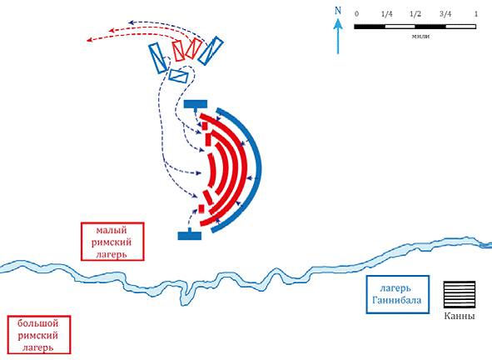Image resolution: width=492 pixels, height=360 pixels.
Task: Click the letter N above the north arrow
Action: pos(338,10)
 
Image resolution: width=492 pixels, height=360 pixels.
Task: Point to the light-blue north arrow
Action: pos(338,36)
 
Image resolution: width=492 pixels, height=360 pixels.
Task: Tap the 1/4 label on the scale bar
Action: pos(386,14)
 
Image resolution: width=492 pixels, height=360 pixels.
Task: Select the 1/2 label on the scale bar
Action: pos(415,14)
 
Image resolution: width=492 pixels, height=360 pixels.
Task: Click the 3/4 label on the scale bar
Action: pos(445,14)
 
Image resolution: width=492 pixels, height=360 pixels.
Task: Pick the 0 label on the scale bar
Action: pos(356,14)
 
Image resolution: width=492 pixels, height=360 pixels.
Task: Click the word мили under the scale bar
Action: pos(420,36)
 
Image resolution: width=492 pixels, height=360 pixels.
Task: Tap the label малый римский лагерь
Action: pos(112,242)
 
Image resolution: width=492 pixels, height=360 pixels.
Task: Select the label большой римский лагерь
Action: pos(39,335)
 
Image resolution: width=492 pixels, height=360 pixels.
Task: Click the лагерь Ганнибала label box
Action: pos(398,294)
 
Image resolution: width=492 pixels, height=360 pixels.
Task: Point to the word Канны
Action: pos(460,316)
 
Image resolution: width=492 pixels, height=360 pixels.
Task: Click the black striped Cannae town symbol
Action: pos(460,294)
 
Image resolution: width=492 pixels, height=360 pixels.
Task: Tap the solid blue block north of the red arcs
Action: pos(196,104)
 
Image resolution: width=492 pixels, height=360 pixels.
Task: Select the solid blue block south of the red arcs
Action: pos(190,236)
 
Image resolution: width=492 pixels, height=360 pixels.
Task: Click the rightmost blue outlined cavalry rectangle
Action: pos(211,51)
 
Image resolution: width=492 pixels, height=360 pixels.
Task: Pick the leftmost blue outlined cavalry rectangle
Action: pos(158,58)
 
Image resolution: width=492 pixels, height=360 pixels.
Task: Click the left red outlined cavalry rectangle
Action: pos(178,50)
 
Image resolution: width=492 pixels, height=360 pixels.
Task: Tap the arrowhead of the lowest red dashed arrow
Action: pos(89,40)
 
